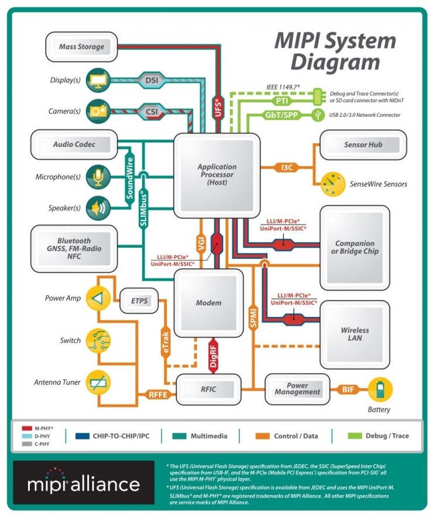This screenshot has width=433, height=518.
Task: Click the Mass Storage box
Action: (81, 46)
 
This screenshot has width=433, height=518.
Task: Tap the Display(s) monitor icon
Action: (97, 80)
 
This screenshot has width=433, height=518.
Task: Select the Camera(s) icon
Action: (97, 110)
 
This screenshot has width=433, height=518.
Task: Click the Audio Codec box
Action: (74, 144)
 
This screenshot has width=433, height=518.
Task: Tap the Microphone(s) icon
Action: (97, 177)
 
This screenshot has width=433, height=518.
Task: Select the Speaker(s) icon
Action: (97, 208)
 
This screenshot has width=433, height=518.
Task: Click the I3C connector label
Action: (287, 168)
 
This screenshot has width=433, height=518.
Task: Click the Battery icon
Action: (380, 390)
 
